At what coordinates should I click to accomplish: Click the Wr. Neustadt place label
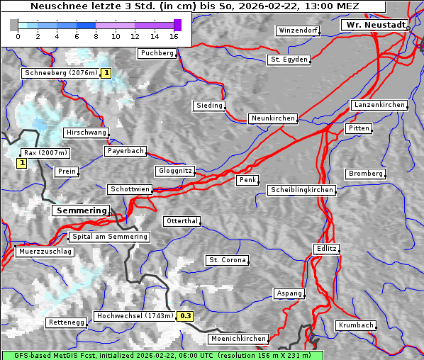point(375,25)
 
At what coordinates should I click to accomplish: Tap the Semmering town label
point(82,210)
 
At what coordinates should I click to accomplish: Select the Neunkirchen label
point(272,118)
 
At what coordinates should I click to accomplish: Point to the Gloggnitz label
point(174,171)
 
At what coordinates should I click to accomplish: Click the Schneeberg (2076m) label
point(60,73)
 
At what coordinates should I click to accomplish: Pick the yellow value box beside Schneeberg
point(106,73)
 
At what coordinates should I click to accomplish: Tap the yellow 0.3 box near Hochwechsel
point(185,316)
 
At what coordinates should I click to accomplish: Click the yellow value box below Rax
point(21,164)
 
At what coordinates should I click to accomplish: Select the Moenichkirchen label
point(240,339)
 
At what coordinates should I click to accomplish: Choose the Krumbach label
point(355,325)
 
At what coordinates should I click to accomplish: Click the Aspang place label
point(289,293)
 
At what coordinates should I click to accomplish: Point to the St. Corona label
point(228,260)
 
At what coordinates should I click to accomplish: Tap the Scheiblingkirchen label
point(301,190)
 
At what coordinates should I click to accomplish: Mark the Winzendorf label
point(298,31)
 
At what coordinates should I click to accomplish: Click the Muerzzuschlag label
point(44,252)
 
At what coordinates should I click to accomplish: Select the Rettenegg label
point(67,322)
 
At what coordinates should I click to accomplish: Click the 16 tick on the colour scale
point(174,35)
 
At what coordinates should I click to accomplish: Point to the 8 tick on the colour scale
point(96,35)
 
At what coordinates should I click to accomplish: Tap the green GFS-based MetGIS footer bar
point(162,355)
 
